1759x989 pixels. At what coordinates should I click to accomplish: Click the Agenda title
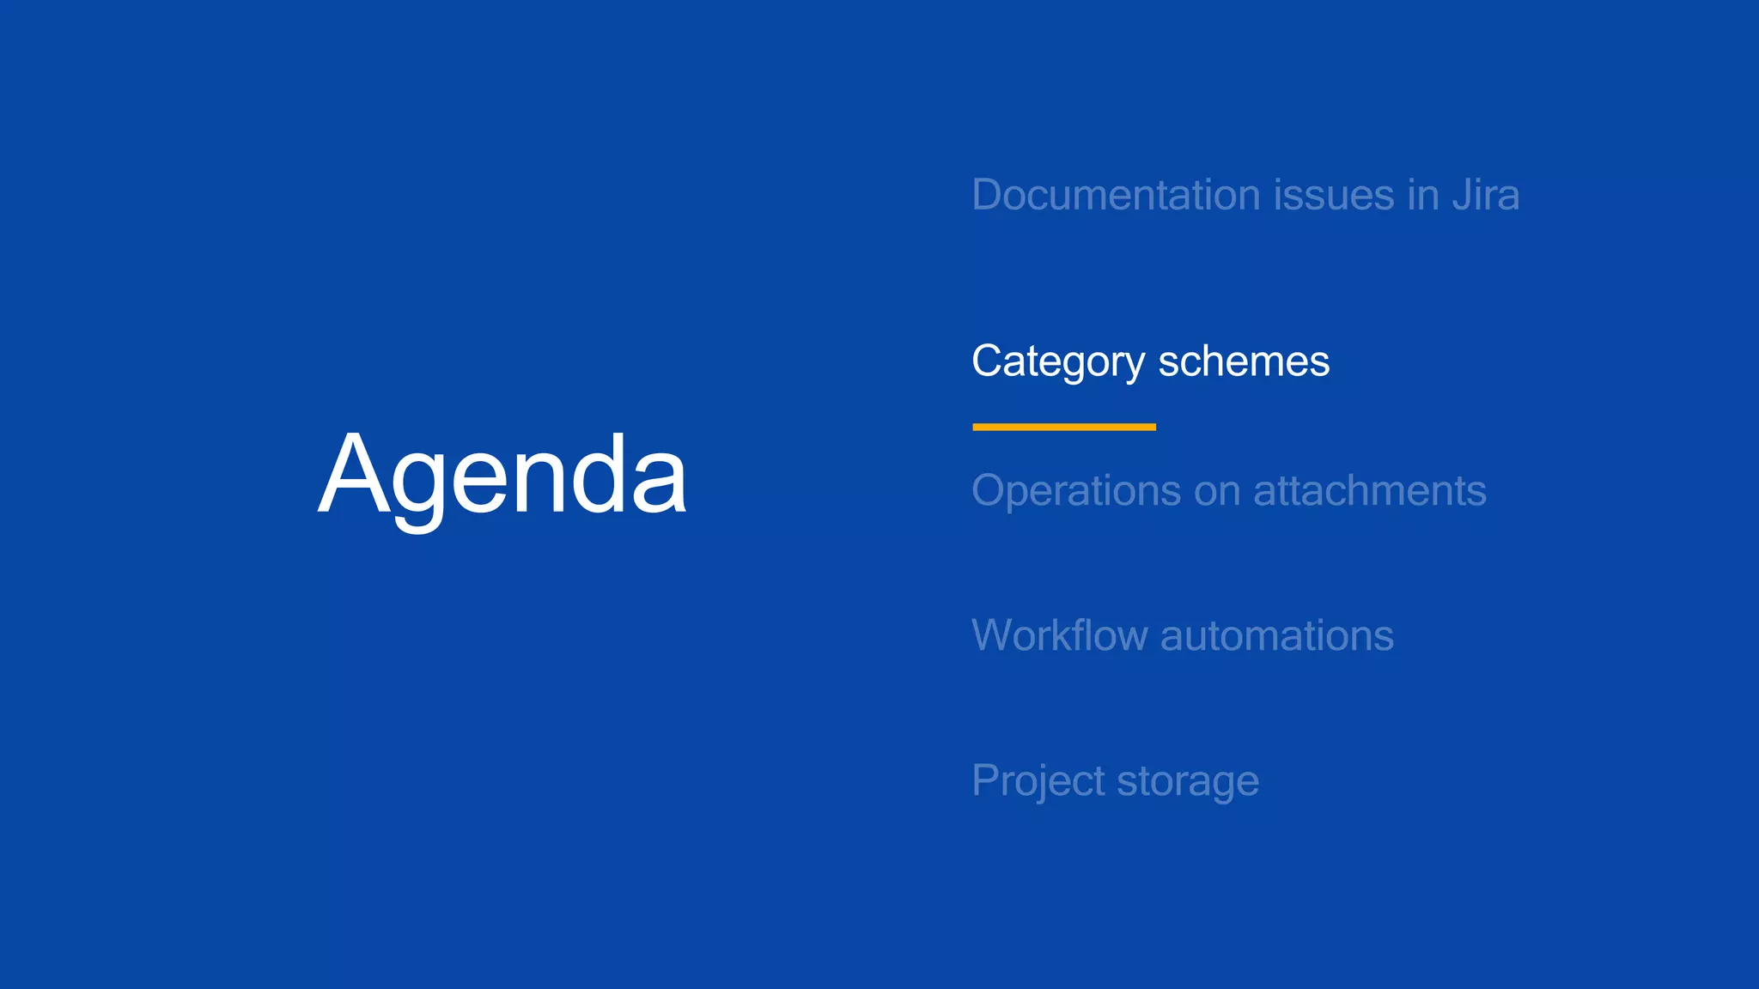[502, 475]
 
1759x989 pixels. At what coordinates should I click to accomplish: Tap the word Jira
[1485, 195]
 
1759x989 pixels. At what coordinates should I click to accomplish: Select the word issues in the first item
[1333, 195]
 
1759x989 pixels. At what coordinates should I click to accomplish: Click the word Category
[1057, 361]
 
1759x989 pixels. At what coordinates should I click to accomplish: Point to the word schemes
[1244, 361]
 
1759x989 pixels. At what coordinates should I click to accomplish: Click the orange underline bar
[1063, 427]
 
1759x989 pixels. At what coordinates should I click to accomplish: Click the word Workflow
[1059, 636]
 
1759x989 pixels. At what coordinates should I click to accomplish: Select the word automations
[1276, 636]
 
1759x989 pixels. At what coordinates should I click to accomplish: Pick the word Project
[1038, 781]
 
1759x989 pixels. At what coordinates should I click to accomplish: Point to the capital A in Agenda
[350, 475]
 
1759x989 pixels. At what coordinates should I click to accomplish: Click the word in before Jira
[1423, 195]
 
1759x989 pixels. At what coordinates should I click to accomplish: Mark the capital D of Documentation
[988, 195]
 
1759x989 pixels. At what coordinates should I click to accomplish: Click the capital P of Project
[986, 781]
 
